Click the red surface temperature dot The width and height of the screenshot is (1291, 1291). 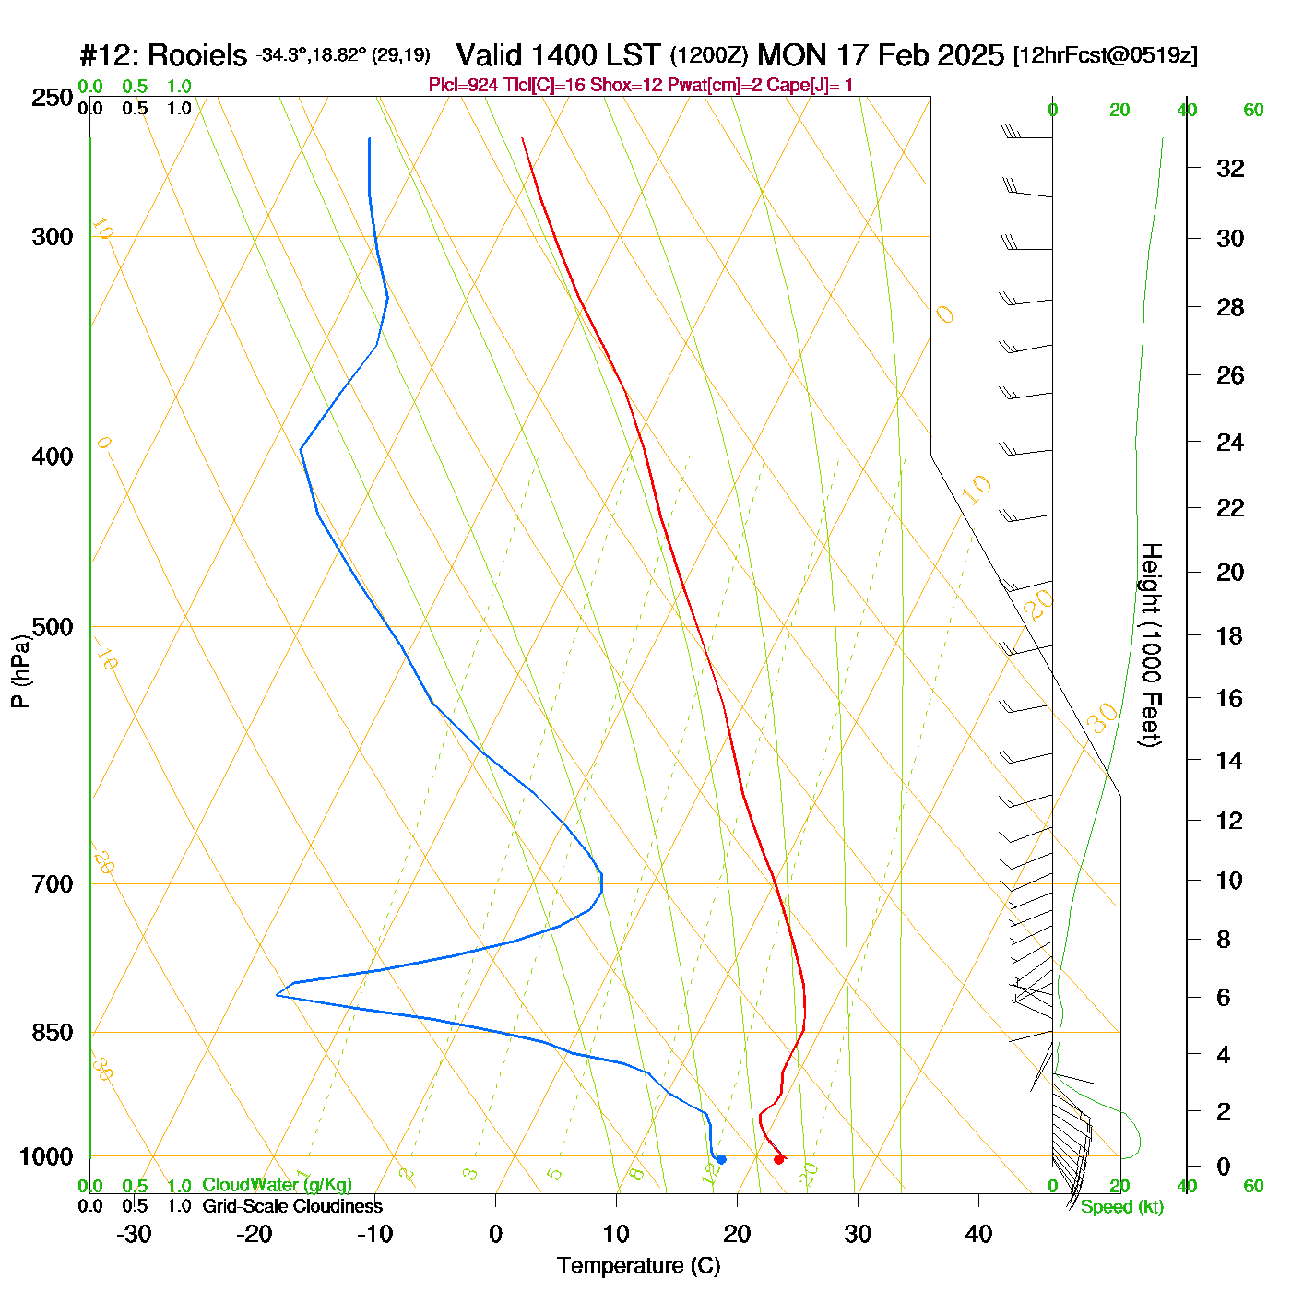(779, 1159)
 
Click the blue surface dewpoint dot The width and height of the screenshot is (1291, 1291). (721, 1159)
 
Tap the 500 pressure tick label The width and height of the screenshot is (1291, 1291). (53, 627)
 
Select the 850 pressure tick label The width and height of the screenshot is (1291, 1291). (53, 1033)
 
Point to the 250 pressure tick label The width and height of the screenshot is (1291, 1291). (53, 98)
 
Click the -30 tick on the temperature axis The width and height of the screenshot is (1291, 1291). (134, 1234)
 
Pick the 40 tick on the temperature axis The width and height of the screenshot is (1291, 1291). (978, 1234)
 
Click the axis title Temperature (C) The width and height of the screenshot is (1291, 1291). (638, 1266)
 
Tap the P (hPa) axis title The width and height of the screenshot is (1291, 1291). (20, 671)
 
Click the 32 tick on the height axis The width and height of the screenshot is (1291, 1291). (1230, 168)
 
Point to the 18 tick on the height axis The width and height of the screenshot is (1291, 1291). (1230, 635)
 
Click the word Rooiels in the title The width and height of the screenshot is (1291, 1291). (197, 55)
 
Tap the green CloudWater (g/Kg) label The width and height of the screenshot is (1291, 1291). (277, 1185)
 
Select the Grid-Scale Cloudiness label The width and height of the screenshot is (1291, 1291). (292, 1206)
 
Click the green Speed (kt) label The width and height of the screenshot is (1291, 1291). (1122, 1207)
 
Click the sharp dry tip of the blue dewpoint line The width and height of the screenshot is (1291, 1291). (277, 995)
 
